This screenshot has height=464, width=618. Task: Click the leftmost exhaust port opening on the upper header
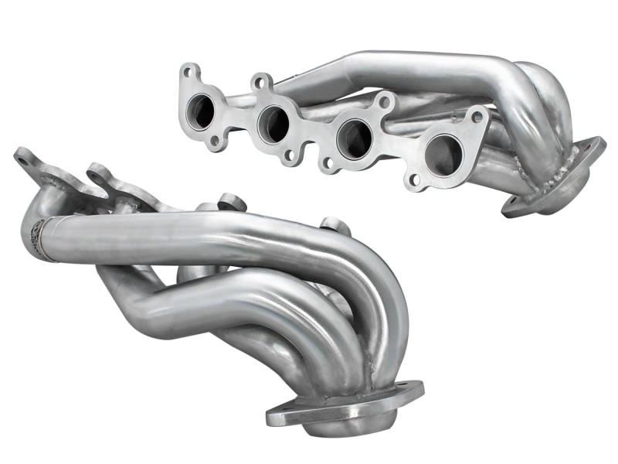[205, 110]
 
